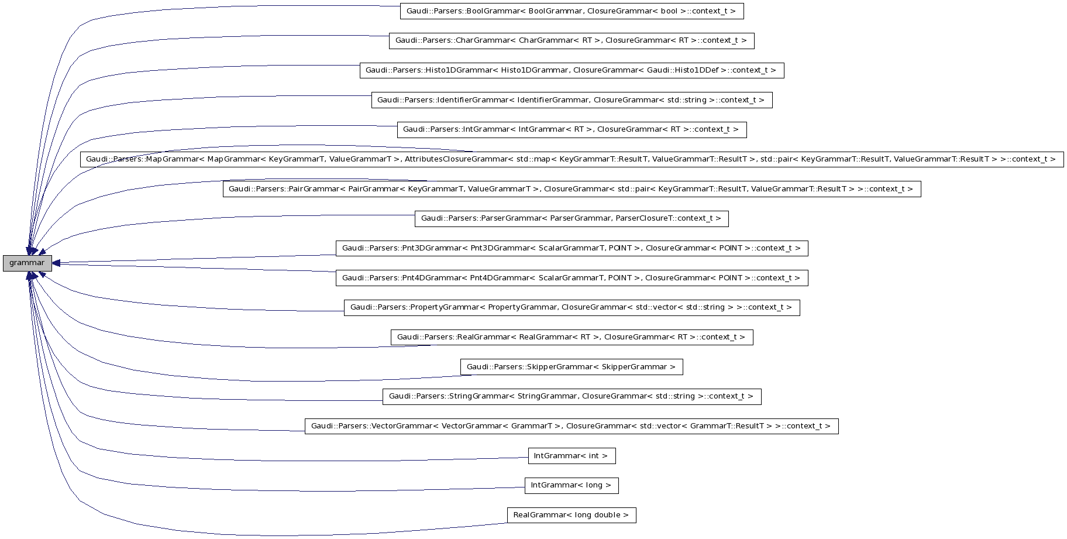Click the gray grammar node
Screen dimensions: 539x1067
(x=27, y=263)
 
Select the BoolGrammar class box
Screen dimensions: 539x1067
(x=572, y=11)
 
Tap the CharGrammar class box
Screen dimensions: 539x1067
(x=571, y=41)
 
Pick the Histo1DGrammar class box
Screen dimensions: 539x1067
(x=571, y=70)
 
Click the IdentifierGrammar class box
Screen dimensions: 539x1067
(x=571, y=100)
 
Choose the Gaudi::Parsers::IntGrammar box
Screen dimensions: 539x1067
(x=571, y=129)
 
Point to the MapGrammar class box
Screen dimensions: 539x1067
(x=571, y=159)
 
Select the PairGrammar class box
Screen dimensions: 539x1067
(x=571, y=189)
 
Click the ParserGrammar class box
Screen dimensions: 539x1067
(x=571, y=218)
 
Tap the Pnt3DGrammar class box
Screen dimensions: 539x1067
(x=571, y=248)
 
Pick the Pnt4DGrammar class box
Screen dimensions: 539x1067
(x=571, y=278)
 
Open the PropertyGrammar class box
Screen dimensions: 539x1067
(x=571, y=307)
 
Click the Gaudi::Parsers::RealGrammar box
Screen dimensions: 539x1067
(x=571, y=337)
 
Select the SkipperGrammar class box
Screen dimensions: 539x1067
(x=571, y=367)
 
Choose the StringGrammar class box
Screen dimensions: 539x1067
(x=571, y=396)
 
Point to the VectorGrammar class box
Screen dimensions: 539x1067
(x=571, y=426)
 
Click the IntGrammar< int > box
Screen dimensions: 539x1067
(x=571, y=456)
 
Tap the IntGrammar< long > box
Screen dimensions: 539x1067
(x=571, y=485)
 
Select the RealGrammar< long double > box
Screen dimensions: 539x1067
(x=571, y=515)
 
